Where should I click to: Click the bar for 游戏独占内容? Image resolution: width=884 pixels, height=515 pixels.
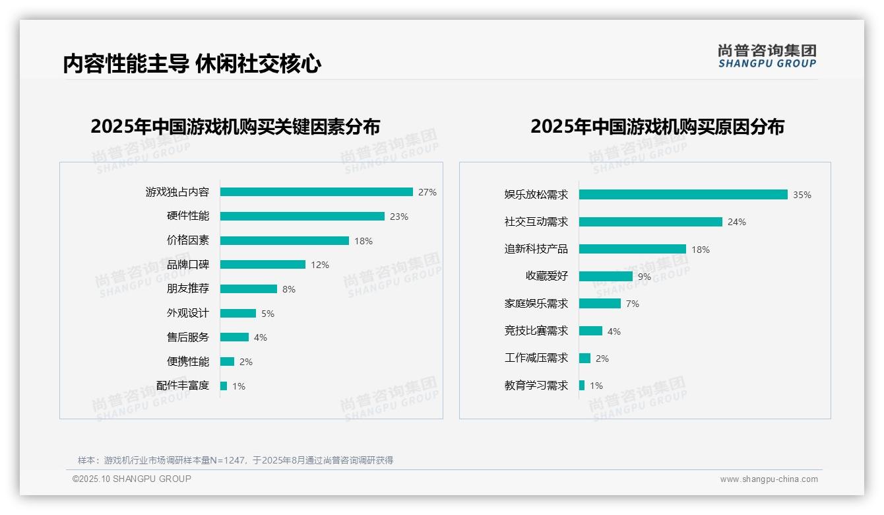pyautogui.click(x=317, y=192)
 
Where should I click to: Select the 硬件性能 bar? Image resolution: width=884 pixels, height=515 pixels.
pyautogui.click(x=302, y=217)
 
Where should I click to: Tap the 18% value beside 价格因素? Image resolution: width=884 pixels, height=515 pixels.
pyautogui.click(x=363, y=241)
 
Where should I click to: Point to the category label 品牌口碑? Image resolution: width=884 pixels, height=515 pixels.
pyautogui.click(x=188, y=265)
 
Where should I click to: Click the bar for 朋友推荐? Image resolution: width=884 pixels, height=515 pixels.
pyautogui.click(x=249, y=289)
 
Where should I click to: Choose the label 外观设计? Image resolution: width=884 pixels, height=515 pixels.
pyautogui.click(x=188, y=313)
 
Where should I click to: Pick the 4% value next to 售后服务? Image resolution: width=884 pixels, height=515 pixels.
pyautogui.click(x=261, y=337)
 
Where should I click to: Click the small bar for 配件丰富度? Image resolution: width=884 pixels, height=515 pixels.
pyautogui.click(x=224, y=386)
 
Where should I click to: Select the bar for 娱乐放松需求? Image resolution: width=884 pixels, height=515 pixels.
pyautogui.click(x=683, y=195)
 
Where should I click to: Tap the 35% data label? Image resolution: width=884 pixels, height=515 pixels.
pyautogui.click(x=802, y=195)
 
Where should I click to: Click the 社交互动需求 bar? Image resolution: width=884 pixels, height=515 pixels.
pyautogui.click(x=650, y=222)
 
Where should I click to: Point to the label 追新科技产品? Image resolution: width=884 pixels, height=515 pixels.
pyautogui.click(x=536, y=249)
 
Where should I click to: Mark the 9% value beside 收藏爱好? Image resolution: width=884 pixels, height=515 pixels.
pyautogui.click(x=645, y=277)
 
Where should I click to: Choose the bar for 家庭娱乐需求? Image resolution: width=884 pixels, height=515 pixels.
pyautogui.click(x=600, y=304)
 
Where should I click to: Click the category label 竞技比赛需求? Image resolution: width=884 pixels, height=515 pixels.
pyautogui.click(x=536, y=331)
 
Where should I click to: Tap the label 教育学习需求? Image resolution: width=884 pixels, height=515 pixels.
pyautogui.click(x=536, y=386)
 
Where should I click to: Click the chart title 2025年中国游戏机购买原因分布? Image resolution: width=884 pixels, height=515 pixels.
pyautogui.click(x=657, y=127)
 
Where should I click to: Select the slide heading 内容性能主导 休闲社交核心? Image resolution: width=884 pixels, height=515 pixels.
pyautogui.click(x=192, y=64)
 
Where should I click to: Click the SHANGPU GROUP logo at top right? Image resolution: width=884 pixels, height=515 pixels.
pyautogui.click(x=767, y=56)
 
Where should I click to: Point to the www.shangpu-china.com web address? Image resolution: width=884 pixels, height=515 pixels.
pyautogui.click(x=769, y=479)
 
